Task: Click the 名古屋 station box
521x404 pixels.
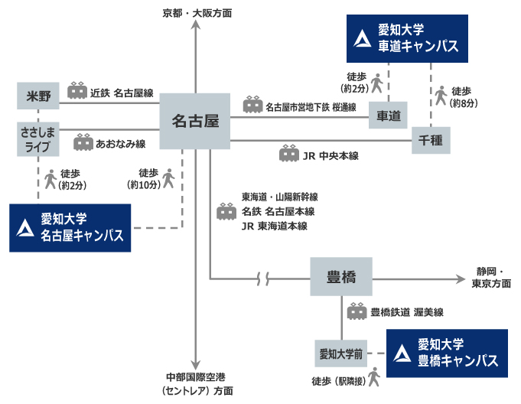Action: (x=195, y=121)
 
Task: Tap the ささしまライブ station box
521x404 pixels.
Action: (x=37, y=139)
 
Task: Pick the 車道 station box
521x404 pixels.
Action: (x=389, y=116)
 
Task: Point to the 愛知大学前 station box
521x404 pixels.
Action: (x=340, y=354)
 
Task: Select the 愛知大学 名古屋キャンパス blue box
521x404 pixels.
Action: (x=70, y=228)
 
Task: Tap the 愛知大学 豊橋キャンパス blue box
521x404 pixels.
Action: (x=447, y=353)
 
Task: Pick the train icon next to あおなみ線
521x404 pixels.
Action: (x=83, y=142)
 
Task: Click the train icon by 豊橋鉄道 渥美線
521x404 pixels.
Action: (x=357, y=312)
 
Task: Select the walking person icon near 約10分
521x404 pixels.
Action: (x=169, y=178)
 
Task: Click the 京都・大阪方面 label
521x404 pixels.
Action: (x=197, y=14)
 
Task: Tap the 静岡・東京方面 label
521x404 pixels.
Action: (x=492, y=277)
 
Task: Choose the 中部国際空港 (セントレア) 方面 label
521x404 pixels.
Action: (x=198, y=384)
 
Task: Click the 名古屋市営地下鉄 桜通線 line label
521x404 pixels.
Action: (x=311, y=107)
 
